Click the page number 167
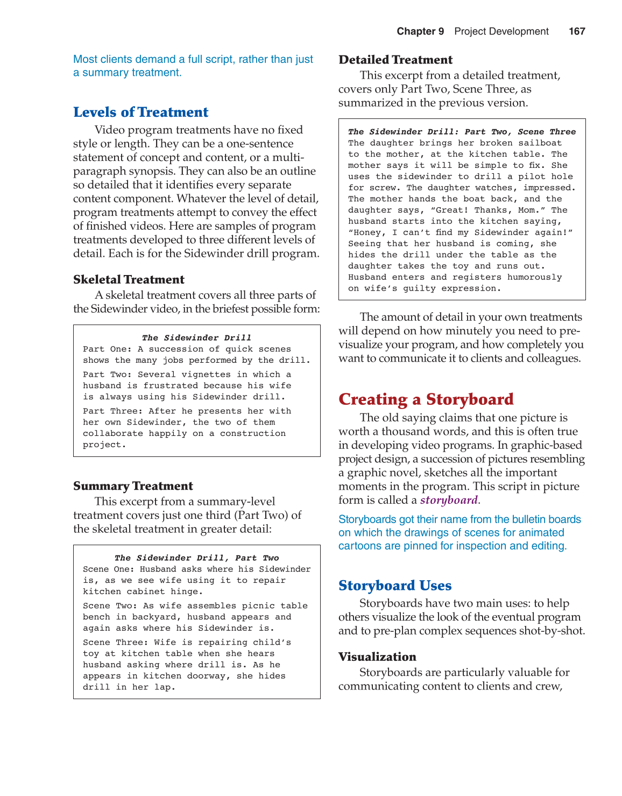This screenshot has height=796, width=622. coord(577,31)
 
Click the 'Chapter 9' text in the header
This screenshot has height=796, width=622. coord(420,31)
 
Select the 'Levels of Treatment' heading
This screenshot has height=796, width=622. coord(140,112)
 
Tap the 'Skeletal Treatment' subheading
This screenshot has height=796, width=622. coord(129,279)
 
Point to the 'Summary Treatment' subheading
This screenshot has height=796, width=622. coord(133,486)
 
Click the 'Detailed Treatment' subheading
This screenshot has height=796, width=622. coord(395,60)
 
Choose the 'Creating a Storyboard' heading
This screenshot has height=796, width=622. coord(426,399)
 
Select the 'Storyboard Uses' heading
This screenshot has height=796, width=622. coord(395,586)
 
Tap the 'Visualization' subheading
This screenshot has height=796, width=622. coord(377,657)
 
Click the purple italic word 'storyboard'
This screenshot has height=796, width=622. coord(449,500)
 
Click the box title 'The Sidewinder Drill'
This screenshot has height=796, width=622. coord(196,338)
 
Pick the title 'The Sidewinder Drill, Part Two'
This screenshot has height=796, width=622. coord(196,558)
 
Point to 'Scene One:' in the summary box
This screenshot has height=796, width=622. coord(109,569)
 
